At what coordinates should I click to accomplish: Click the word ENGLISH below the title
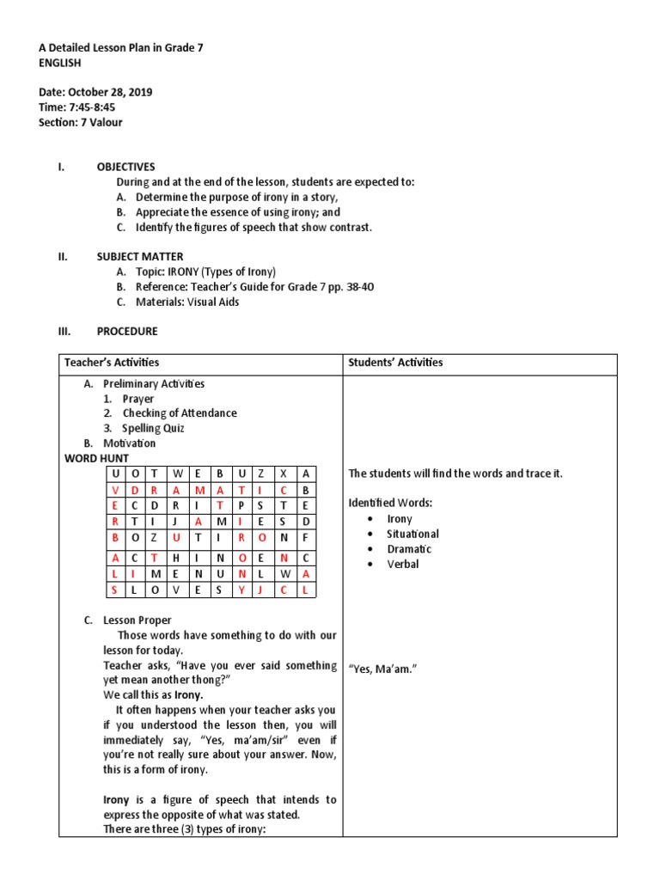(x=60, y=63)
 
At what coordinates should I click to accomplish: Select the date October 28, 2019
(x=110, y=92)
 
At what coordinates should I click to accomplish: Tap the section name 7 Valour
(x=101, y=122)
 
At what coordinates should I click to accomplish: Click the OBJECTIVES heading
(x=125, y=167)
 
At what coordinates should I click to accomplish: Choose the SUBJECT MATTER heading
(x=139, y=256)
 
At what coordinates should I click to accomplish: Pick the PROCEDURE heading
(x=127, y=331)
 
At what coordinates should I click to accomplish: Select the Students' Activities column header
(x=395, y=363)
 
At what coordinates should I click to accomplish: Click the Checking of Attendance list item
(x=179, y=413)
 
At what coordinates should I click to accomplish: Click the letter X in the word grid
(x=282, y=474)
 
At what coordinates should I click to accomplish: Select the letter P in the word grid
(x=242, y=505)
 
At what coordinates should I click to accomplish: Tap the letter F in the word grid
(x=305, y=537)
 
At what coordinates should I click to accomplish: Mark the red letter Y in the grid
(x=242, y=590)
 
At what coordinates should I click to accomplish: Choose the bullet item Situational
(x=412, y=534)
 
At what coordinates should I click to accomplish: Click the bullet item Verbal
(x=403, y=564)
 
